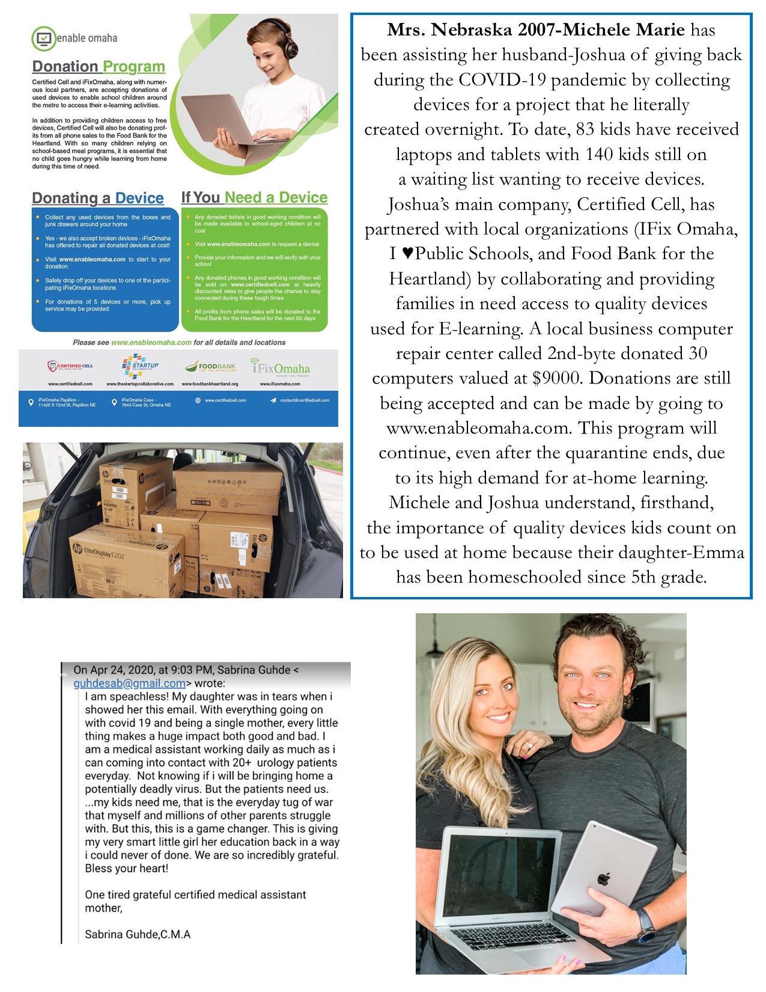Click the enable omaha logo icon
coord(43,38)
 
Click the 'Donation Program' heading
coord(99,67)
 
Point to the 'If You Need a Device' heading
coord(254,198)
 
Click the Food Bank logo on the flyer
coord(210,366)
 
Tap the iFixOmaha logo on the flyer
coord(281,368)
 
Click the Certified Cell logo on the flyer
coord(70,366)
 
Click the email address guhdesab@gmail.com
coord(129,683)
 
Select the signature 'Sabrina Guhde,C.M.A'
coord(138,934)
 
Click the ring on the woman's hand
coord(529,746)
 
